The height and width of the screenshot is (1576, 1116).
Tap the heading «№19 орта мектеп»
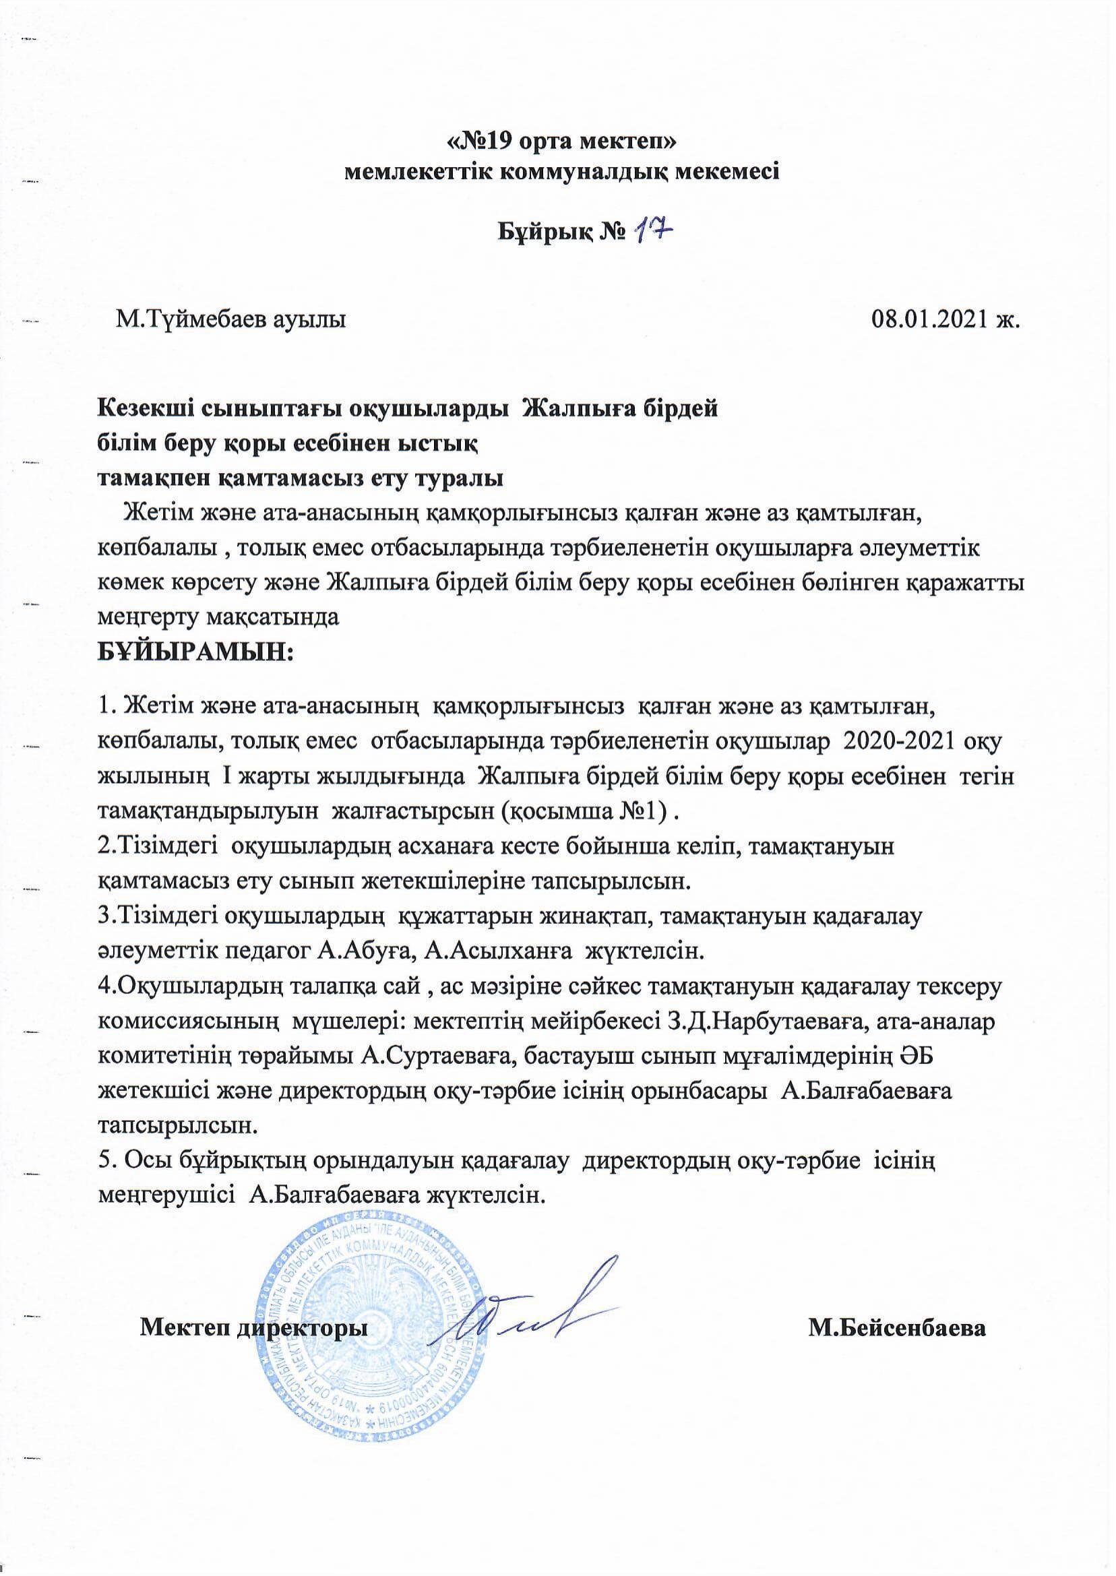coord(562,142)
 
